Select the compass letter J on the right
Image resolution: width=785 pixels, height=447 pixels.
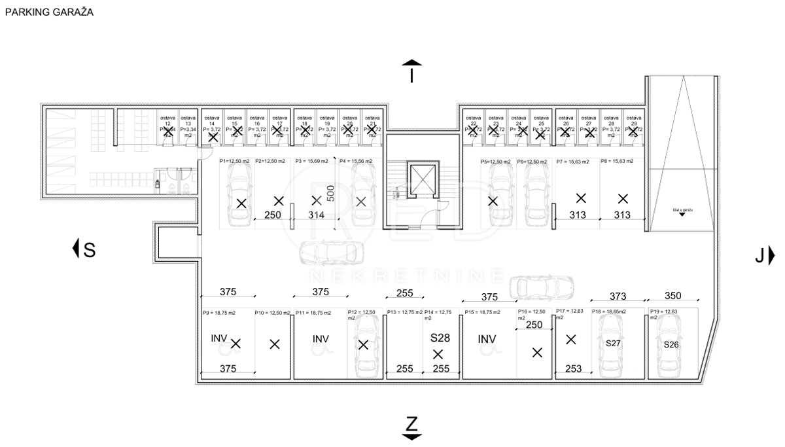point(759,256)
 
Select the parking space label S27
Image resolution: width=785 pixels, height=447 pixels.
point(613,343)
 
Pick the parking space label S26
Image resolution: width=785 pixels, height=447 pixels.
point(671,344)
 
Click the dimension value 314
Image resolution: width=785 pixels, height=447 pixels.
point(316,215)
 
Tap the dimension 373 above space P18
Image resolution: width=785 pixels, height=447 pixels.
point(618,296)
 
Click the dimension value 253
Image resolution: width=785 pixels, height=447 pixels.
point(573,369)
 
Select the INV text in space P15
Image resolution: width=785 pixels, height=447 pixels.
point(486,339)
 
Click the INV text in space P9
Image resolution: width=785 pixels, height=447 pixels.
point(219,339)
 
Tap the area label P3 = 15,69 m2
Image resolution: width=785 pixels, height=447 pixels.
point(313,161)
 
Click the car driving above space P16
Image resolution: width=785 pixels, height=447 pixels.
point(541,285)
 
